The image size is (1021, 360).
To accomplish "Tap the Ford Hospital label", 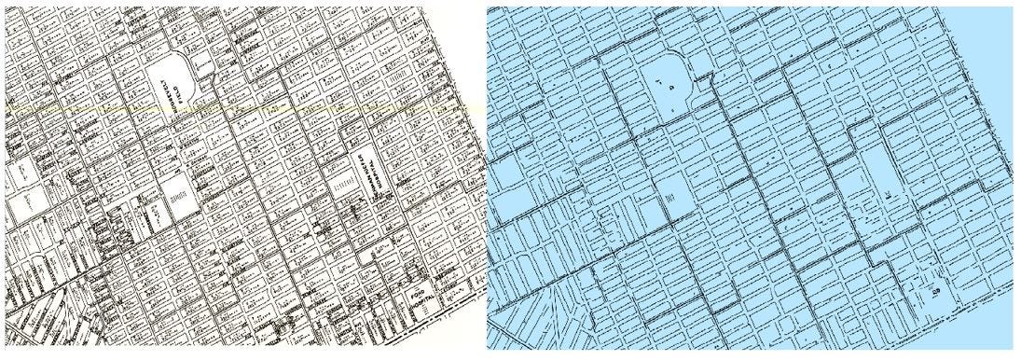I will pos(417,300).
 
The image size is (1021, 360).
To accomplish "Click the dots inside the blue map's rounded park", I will pos(664,85).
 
